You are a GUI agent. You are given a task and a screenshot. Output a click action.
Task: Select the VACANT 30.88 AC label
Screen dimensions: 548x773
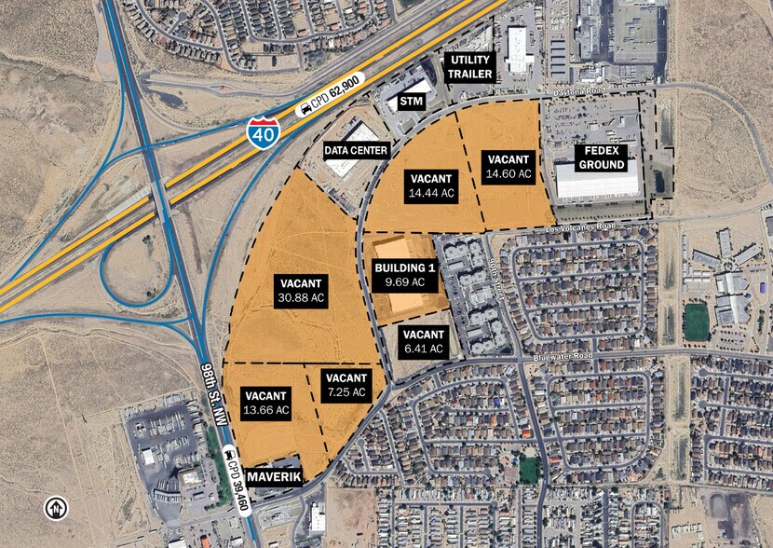point(301,291)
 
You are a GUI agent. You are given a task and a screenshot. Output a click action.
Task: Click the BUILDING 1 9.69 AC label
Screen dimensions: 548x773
point(400,275)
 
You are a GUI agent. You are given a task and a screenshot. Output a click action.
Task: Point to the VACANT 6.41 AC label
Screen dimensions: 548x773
point(425,342)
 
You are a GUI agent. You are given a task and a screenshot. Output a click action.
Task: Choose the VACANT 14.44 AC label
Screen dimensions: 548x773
point(431,185)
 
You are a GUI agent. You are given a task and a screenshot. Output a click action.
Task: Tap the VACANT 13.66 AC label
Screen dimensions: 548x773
point(266,402)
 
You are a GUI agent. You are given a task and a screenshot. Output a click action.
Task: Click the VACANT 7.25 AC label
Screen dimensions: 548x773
point(346,385)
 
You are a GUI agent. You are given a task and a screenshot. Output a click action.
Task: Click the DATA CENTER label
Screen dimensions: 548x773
point(355,149)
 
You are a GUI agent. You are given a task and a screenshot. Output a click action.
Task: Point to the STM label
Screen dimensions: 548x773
point(412,101)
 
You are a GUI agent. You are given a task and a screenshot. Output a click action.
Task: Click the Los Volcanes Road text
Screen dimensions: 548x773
point(581,226)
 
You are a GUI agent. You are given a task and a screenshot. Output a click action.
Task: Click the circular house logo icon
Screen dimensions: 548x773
point(56,509)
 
